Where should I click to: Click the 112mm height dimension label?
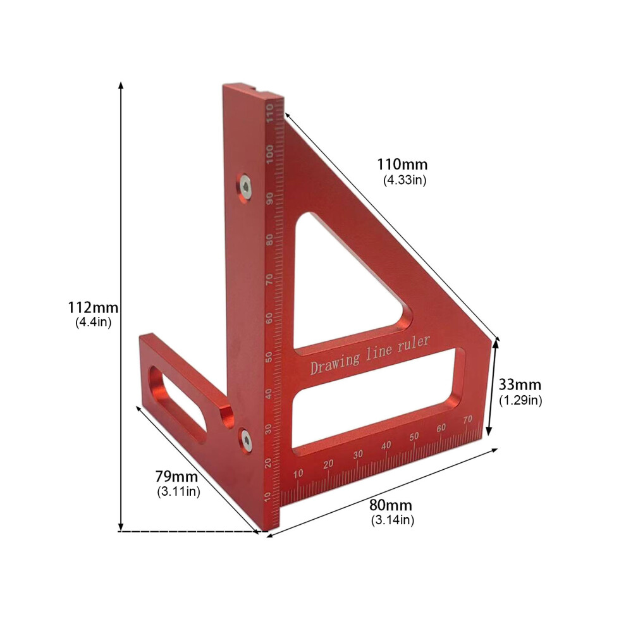93,307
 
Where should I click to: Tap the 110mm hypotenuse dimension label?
402,164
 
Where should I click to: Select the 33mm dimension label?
520,384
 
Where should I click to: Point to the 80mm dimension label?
390,505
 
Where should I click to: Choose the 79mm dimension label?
176,476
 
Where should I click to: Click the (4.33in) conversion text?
405,180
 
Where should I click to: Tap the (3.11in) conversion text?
178,491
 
